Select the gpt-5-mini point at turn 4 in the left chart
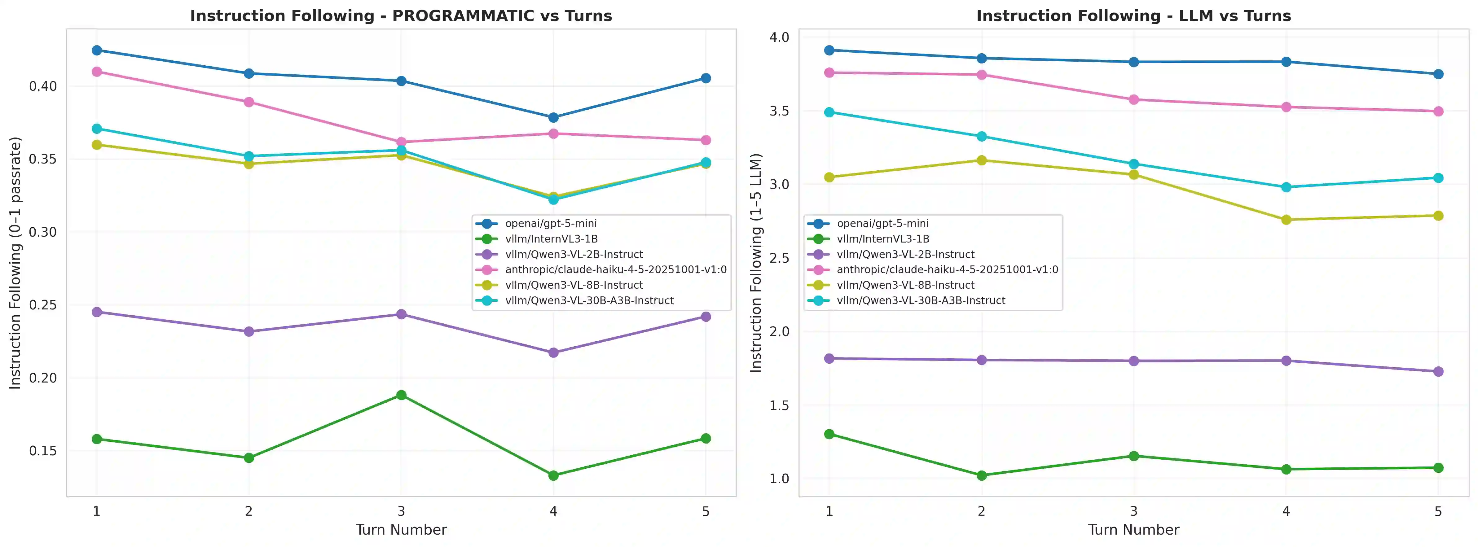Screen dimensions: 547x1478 click(553, 117)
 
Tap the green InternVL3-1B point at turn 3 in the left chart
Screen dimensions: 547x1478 click(401, 395)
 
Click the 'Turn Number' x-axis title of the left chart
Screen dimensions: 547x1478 click(401, 529)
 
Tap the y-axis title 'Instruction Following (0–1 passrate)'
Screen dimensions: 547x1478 click(15, 263)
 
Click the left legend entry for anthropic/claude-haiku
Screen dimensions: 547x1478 click(615, 269)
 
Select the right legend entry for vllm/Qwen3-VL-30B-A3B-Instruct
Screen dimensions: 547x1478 click(920, 300)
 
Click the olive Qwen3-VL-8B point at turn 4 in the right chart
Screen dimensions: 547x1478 click(1286, 220)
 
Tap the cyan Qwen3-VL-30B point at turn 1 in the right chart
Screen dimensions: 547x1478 click(829, 112)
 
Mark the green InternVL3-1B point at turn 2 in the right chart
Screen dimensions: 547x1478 click(981, 475)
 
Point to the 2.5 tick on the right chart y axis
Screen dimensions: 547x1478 click(779, 258)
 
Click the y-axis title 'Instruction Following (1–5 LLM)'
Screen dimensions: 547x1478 click(756, 263)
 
